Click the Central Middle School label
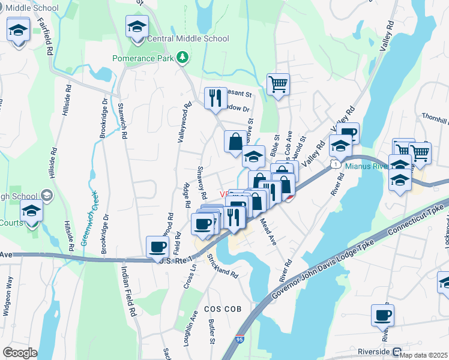pyautogui.click(x=188, y=38)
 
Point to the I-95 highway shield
pyautogui.click(x=240, y=341)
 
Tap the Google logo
pyautogui.click(x=20, y=353)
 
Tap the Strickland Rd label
pyautogui.click(x=223, y=266)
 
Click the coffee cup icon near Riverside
pyautogui.click(x=382, y=314)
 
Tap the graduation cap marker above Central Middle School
pyautogui.click(x=137, y=26)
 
